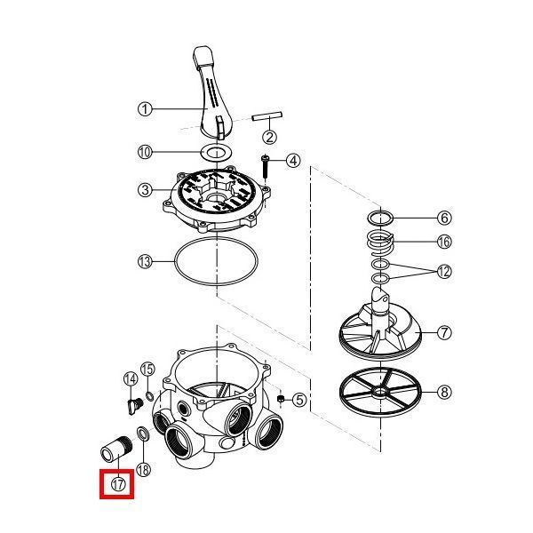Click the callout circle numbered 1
click(145, 109)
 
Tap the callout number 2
click(269, 137)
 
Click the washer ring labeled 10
click(216, 152)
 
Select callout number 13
click(145, 262)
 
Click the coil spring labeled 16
click(380, 243)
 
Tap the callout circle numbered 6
click(444, 218)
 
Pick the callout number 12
click(444, 272)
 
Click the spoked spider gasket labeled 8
click(380, 392)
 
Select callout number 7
click(444, 332)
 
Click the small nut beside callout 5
click(281, 399)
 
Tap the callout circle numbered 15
click(147, 370)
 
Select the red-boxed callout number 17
click(118, 484)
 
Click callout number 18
click(143, 470)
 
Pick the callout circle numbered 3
click(145, 190)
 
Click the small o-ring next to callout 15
click(149, 395)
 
